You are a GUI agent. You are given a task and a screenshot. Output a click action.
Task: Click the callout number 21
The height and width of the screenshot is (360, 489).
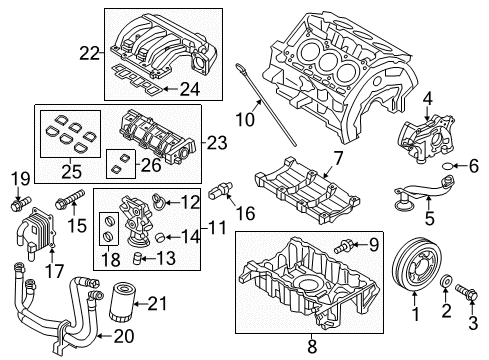pyautogui.click(x=157, y=303)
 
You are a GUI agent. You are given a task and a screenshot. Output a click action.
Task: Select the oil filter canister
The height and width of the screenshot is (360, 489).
pyautogui.click(x=122, y=302)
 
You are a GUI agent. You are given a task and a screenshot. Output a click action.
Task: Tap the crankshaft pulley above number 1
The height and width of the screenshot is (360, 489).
pyautogui.click(x=415, y=266)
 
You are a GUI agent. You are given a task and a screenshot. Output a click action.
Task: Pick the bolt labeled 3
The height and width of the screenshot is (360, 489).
pyautogui.click(x=467, y=291)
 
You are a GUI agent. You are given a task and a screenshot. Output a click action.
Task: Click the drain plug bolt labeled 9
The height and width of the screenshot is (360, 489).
pyautogui.click(x=343, y=246)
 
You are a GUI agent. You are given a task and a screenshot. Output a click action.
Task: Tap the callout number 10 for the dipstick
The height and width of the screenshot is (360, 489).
pyautogui.click(x=245, y=120)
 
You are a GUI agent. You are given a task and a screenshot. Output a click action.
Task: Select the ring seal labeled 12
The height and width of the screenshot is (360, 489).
pyautogui.click(x=159, y=200)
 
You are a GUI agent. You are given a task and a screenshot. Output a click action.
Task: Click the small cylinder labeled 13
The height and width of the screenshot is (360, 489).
pyautogui.click(x=138, y=258)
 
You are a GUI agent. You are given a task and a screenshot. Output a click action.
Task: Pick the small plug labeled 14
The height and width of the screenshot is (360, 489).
pyautogui.click(x=161, y=237)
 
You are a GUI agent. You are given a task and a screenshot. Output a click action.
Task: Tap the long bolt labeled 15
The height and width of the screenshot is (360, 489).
pyautogui.click(x=71, y=199)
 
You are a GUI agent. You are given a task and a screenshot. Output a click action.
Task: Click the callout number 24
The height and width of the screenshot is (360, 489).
pyautogui.click(x=190, y=89)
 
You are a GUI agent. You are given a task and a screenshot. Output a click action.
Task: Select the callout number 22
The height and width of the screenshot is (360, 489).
pyautogui.click(x=89, y=53)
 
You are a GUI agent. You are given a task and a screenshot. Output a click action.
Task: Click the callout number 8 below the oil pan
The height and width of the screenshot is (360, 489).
pyautogui.click(x=312, y=346)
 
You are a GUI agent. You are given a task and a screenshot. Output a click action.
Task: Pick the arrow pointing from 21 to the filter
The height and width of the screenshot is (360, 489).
pyautogui.click(x=141, y=303)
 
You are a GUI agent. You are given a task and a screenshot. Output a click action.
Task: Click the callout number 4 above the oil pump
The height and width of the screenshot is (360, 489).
pyautogui.click(x=428, y=99)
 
